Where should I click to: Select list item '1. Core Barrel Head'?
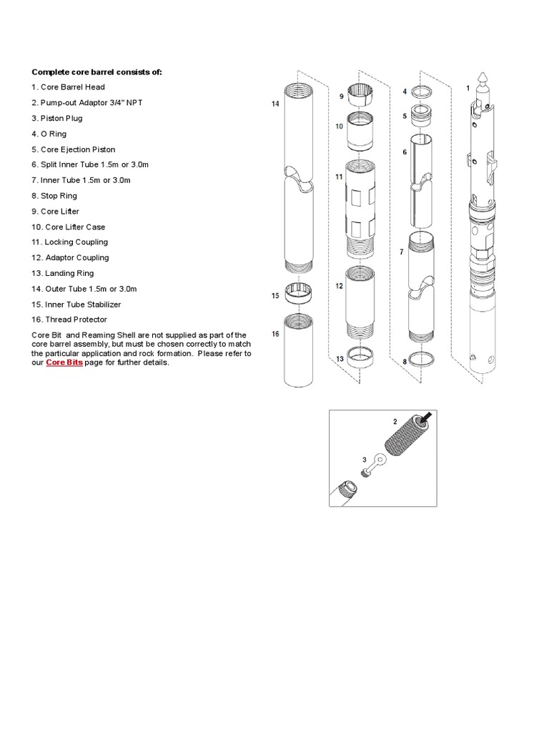(x=68, y=87)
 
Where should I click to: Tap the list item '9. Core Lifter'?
(x=55, y=212)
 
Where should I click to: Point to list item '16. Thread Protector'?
(x=69, y=320)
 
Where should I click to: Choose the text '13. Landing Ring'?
(x=62, y=273)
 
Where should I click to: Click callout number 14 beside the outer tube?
(x=274, y=104)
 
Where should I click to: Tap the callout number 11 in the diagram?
(x=340, y=176)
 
